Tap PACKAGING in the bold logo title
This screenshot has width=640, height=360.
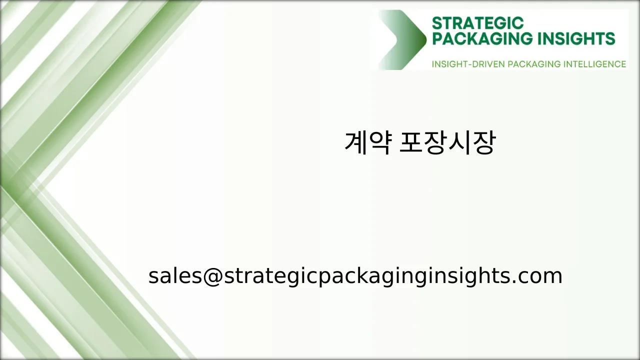point(477,38)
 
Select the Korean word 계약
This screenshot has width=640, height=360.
point(367,143)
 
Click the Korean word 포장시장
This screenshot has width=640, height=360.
point(447,143)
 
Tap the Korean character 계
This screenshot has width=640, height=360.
point(355,143)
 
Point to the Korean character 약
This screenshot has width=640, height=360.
point(379,143)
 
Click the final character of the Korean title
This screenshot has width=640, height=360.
point(483,143)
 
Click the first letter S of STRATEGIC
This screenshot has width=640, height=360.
point(437,23)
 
